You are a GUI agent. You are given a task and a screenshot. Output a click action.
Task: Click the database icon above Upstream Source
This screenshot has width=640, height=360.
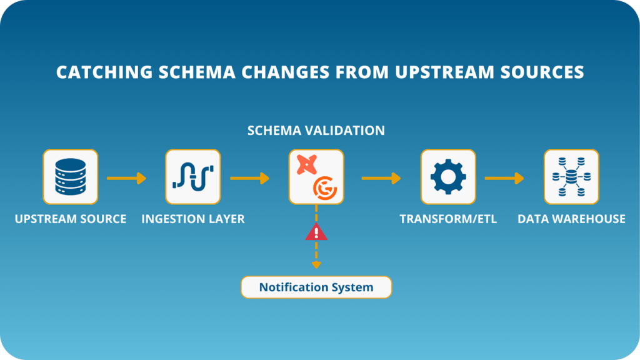(70, 177)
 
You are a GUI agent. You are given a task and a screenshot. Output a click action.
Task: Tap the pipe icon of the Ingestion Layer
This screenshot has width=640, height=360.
(192, 177)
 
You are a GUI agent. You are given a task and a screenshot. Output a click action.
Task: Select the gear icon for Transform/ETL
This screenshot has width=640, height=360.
(448, 177)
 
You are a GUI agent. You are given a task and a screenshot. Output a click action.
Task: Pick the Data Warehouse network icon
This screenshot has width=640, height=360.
(571, 177)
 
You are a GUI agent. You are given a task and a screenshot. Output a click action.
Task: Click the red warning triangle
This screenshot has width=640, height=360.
(316, 232)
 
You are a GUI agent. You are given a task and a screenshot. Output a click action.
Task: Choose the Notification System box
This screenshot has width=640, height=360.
(316, 287)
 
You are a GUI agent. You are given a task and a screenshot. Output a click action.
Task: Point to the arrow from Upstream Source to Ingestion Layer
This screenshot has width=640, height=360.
(126, 179)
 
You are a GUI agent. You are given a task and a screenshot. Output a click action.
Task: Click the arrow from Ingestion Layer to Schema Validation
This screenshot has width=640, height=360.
(249, 179)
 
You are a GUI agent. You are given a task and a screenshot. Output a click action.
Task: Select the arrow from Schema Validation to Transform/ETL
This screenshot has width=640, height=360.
(381, 179)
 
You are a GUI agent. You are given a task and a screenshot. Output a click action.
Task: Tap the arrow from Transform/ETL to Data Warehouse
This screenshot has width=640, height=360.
(504, 179)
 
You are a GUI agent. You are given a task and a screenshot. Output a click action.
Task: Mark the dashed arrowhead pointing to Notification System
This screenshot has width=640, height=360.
(316, 265)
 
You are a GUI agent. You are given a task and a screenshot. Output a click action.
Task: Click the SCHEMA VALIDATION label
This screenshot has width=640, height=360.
(316, 131)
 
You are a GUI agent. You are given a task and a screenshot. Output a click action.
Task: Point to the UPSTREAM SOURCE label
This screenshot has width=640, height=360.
(71, 219)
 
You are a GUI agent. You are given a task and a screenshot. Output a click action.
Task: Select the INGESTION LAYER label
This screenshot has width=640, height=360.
(193, 219)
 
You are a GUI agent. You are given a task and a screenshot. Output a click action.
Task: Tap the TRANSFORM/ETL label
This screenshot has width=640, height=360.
(448, 219)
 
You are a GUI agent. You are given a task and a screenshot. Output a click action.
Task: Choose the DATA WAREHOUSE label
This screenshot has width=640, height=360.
(571, 219)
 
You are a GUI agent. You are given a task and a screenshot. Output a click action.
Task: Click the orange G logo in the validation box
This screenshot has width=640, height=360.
(323, 187)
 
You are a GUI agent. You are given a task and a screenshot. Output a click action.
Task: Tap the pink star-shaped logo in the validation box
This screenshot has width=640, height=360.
(306, 166)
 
